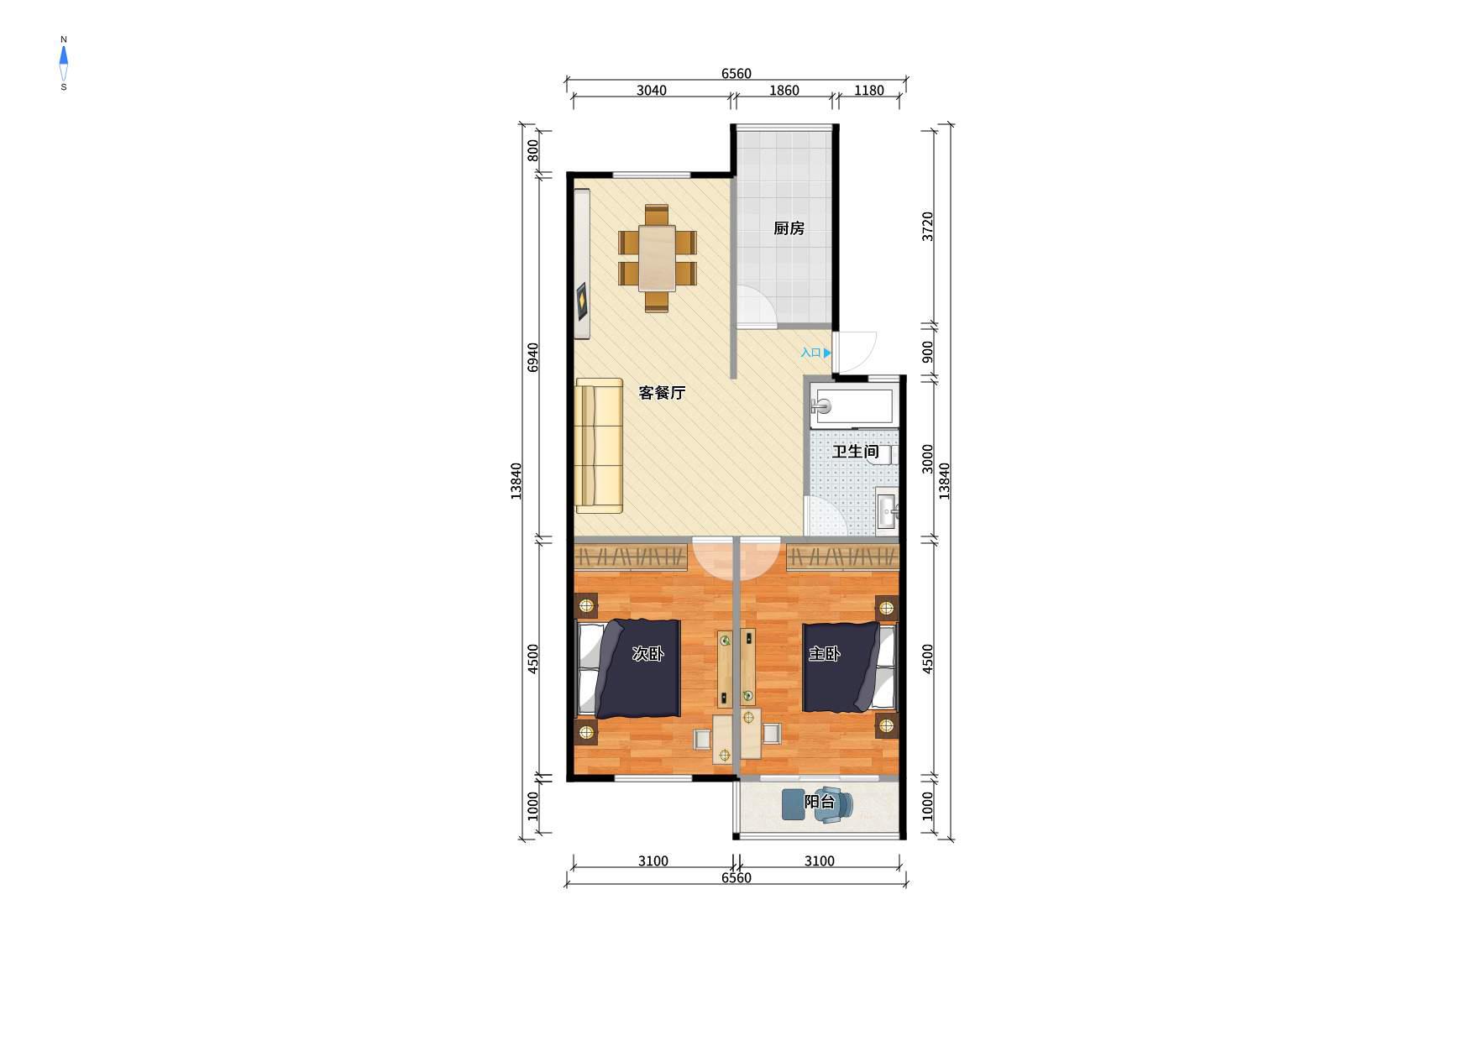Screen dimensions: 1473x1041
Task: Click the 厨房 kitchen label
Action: [789, 228]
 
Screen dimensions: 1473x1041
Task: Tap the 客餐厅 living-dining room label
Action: [662, 393]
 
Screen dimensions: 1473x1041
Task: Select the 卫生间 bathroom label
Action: [855, 452]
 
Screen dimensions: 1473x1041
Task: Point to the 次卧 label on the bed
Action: [647, 654]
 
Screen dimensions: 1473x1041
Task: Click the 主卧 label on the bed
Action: [824, 654]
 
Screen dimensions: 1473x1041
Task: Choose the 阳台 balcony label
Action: [820, 802]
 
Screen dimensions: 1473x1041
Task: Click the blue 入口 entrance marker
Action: [815, 353]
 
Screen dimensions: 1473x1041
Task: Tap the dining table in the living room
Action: [657, 257]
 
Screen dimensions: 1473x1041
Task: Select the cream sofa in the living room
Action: [599, 445]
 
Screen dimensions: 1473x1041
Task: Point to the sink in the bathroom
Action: [888, 509]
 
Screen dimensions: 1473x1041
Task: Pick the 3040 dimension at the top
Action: [652, 91]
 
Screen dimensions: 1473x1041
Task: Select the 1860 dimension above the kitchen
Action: [784, 91]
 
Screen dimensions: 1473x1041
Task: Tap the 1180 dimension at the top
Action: [869, 91]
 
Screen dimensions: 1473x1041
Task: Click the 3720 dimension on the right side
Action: [927, 227]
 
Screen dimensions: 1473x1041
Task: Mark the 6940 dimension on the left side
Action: [532, 358]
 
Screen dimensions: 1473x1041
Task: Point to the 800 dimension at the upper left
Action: [532, 151]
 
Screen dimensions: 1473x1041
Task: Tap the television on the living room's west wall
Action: [581, 301]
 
